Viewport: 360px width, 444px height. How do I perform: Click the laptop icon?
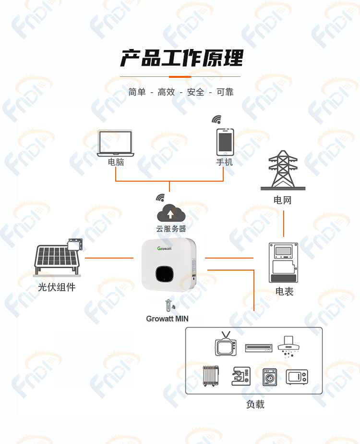click(115, 143)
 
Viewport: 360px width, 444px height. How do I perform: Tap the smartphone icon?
click(225, 142)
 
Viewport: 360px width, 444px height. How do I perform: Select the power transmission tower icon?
click(283, 170)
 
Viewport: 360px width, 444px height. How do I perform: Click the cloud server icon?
click(171, 213)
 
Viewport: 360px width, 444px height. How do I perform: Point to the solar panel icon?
click(58, 258)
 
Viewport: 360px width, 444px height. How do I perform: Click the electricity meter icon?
click(283, 262)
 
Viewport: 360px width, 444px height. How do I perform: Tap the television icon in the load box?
click(226, 344)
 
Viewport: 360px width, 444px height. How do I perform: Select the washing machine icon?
click(270, 377)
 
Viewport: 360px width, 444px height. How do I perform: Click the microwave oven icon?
click(297, 377)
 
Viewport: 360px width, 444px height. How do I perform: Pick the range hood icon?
click(288, 346)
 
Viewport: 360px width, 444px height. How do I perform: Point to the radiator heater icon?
click(211, 376)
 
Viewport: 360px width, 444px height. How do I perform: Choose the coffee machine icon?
click(240, 376)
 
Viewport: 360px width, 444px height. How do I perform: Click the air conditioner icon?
click(258, 348)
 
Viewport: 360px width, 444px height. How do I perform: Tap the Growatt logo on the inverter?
click(164, 248)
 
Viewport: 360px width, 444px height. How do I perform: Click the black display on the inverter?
click(164, 273)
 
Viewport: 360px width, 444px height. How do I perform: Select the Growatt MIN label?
click(167, 319)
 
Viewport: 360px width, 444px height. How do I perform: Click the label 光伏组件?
click(57, 287)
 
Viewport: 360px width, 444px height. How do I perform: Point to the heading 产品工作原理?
click(181, 58)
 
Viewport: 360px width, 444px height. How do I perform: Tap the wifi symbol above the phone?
click(216, 119)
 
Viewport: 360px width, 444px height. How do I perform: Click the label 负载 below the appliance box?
click(255, 404)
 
